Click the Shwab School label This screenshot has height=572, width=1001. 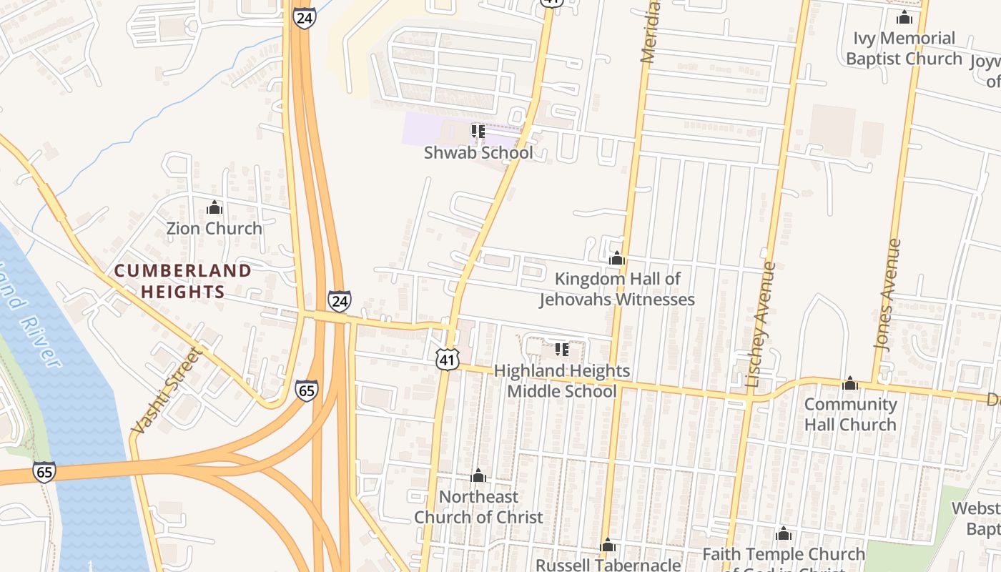click(478, 153)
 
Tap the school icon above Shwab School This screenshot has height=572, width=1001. click(478, 132)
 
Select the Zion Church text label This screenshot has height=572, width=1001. click(214, 229)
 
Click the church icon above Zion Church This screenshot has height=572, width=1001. click(214, 208)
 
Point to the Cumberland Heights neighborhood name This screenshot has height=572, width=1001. click(183, 281)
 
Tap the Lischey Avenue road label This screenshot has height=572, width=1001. click(760, 325)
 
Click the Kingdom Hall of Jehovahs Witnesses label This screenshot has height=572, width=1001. click(617, 289)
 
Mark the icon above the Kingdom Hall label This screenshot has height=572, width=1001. click(617, 259)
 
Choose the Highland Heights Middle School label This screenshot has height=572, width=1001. click(562, 381)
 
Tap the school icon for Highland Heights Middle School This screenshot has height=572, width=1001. click(562, 350)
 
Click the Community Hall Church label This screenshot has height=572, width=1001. click(850, 414)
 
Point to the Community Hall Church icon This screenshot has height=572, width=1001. click(850, 384)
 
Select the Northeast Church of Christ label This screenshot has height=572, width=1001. click(478, 507)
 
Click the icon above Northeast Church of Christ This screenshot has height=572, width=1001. click(478, 476)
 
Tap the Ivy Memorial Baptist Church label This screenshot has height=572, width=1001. click(904, 48)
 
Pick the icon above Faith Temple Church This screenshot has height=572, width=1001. click(784, 534)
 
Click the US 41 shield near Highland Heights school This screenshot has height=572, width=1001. click(448, 360)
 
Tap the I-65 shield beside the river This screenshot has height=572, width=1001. click(44, 472)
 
